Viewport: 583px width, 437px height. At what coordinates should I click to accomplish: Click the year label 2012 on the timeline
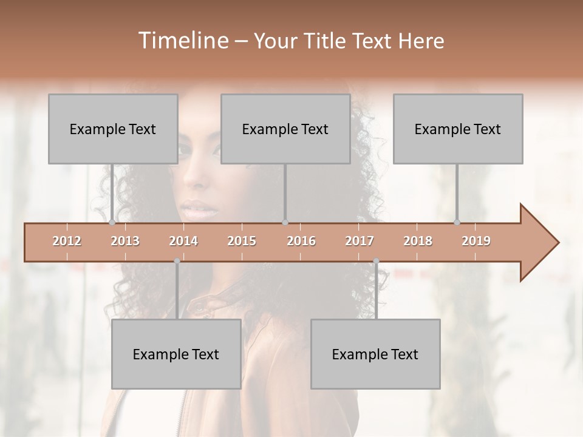coord(67,241)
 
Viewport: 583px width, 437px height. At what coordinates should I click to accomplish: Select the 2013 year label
coord(125,241)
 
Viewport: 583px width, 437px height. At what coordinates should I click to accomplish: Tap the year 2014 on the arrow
coord(183,241)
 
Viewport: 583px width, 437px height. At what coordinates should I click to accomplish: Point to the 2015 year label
coord(242,241)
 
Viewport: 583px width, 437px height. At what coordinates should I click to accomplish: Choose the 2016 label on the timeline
coord(301,241)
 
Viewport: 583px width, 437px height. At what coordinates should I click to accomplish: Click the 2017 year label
coord(360,241)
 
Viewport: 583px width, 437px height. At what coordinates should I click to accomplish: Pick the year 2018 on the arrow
coord(418,241)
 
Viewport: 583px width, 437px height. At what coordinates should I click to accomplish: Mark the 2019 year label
coord(476,241)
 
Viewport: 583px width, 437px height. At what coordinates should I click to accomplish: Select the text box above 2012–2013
coord(113,129)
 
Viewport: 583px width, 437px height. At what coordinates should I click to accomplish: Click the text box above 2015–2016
coord(285,129)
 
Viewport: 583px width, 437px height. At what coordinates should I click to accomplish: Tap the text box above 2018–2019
coord(458,129)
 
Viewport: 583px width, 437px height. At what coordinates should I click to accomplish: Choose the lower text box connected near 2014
coord(176,354)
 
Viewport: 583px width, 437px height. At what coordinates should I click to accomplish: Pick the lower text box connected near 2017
coord(375,354)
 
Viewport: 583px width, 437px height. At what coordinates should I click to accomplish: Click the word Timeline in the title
coord(182,41)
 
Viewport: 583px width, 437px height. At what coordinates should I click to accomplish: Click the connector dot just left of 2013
coord(112,223)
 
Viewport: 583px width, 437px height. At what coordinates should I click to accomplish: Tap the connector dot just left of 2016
coord(285,223)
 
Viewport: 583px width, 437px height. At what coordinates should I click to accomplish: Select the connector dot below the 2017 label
coord(376,261)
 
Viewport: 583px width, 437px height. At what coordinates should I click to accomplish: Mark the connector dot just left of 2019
coord(457,223)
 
